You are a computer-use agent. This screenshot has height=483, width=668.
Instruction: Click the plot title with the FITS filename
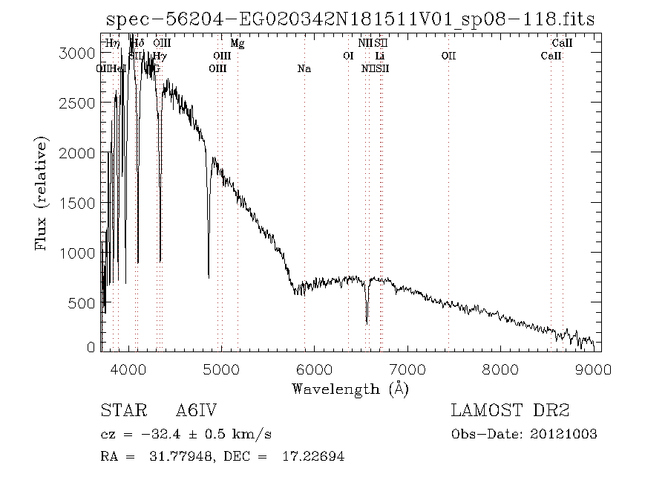(x=350, y=19)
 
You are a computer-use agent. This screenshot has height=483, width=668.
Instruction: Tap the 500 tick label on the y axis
(x=85, y=303)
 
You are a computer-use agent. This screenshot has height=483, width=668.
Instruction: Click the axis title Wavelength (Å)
(x=350, y=389)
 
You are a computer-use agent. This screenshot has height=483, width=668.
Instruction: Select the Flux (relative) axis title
(x=42, y=192)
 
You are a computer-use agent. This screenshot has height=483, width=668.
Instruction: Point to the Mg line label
(x=238, y=44)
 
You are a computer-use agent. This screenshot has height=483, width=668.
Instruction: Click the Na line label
(x=304, y=68)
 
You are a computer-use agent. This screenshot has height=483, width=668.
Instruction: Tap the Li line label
(x=380, y=56)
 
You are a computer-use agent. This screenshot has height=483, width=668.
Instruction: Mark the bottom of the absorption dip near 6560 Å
(x=367, y=322)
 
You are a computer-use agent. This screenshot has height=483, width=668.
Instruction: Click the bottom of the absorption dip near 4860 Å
(x=209, y=276)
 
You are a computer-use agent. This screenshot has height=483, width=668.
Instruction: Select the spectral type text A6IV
(x=196, y=411)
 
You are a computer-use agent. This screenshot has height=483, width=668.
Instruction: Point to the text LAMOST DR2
(x=509, y=411)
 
